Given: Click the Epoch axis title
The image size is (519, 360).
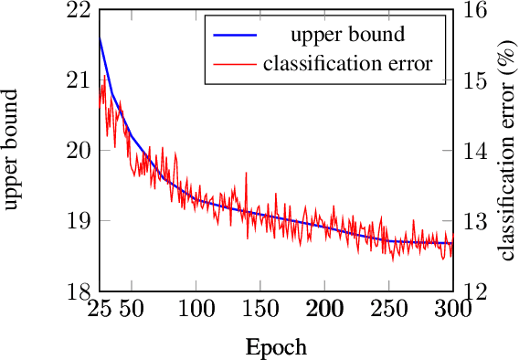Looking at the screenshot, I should coord(276,347).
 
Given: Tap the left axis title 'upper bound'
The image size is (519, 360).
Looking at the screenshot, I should coord(13,152).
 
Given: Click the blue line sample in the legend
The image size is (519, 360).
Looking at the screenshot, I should coord(235,37).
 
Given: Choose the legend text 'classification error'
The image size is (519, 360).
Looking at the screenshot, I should coord(347,64).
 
